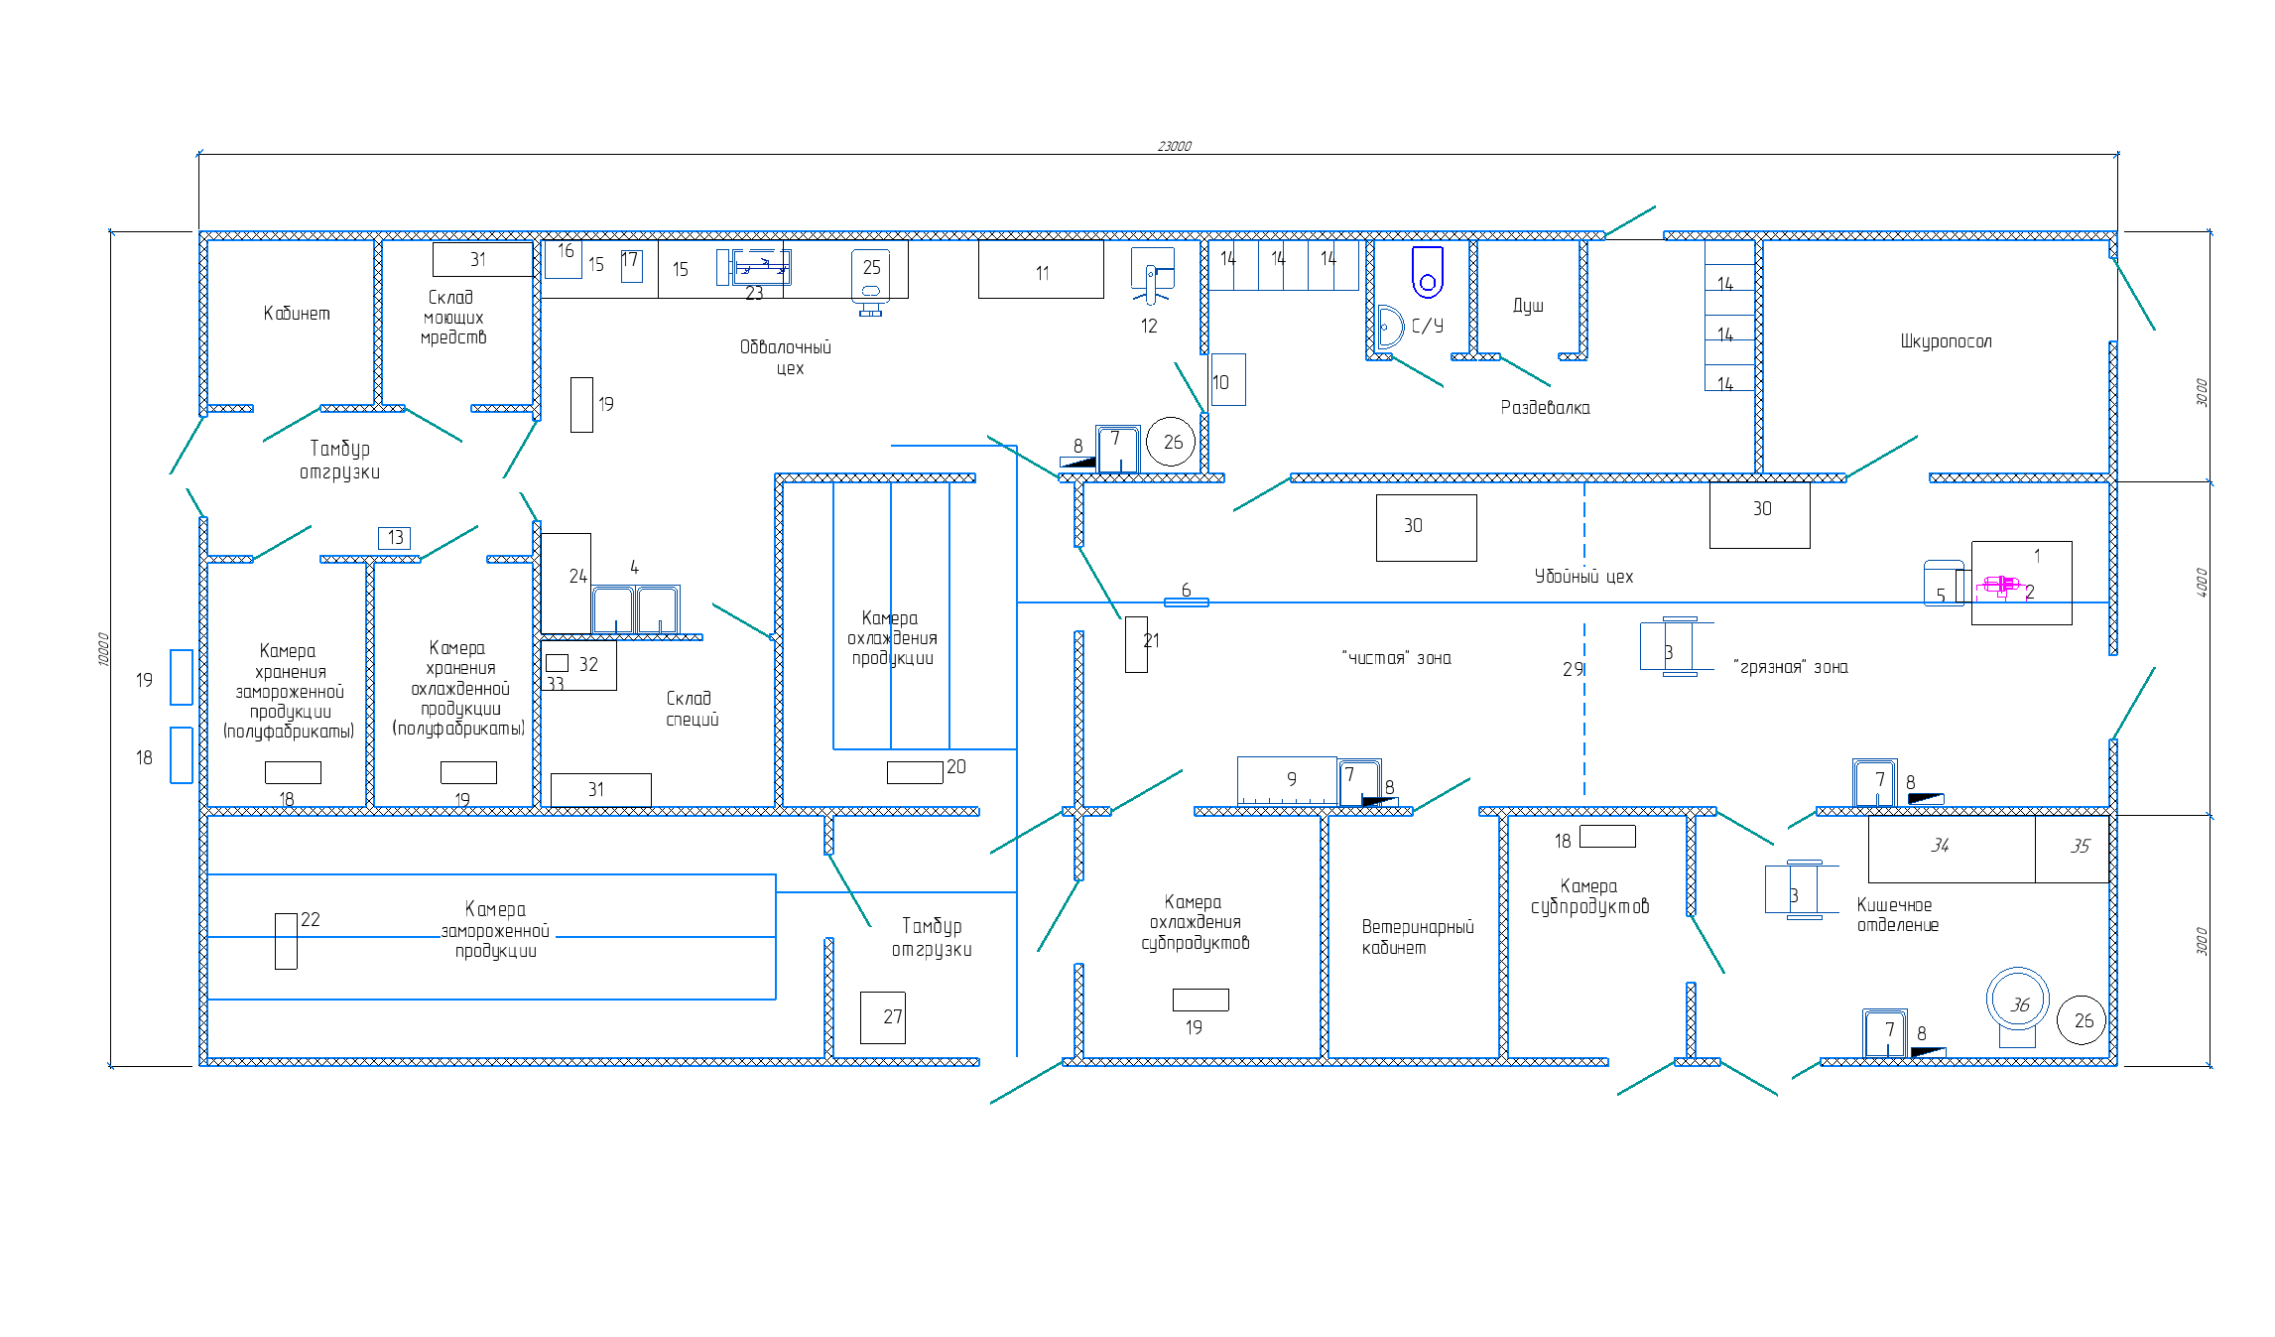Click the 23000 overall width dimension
tap(1174, 146)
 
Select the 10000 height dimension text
tap(103, 649)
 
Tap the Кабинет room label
tap(297, 314)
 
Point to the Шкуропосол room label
tap(1946, 341)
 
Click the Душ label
tap(1528, 305)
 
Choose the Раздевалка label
tap(1545, 407)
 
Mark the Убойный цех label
tap(1583, 576)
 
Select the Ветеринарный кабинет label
tap(1418, 937)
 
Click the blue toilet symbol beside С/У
tap(1428, 272)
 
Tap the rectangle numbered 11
tap(1041, 269)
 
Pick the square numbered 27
tap(882, 1017)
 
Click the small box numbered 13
tap(394, 537)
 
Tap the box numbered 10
tap(1228, 380)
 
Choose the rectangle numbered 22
tap(286, 941)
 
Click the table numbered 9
tap(1287, 780)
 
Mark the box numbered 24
tap(566, 584)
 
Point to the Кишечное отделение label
tap(1897, 914)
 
